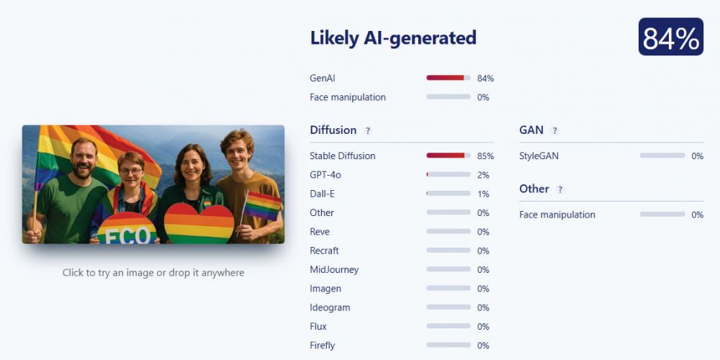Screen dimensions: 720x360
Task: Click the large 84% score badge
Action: pyautogui.click(x=670, y=37)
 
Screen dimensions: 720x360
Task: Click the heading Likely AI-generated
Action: pyautogui.click(x=393, y=37)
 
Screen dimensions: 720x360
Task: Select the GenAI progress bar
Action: pyautogui.click(x=448, y=78)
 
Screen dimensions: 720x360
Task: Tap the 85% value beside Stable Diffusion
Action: pyautogui.click(x=485, y=156)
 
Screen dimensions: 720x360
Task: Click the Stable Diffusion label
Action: pyautogui.click(x=343, y=156)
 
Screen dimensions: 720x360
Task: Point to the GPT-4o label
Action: pyautogui.click(x=325, y=175)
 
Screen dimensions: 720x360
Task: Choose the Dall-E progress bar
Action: pyautogui.click(x=448, y=193)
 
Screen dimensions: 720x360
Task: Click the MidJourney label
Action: pyautogui.click(x=334, y=269)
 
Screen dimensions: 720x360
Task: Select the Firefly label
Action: pyautogui.click(x=323, y=346)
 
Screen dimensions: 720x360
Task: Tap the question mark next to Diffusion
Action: pyautogui.click(x=367, y=131)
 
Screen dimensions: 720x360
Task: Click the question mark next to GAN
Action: pyautogui.click(x=554, y=131)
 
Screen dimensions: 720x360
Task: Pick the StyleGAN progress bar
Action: pyautogui.click(x=662, y=156)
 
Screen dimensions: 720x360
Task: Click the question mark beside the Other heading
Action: pyautogui.click(x=560, y=189)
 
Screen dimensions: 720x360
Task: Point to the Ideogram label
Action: pyautogui.click(x=330, y=307)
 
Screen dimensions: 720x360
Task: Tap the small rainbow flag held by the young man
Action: pyautogui.click(x=262, y=204)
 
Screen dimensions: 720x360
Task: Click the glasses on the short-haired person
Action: pyautogui.click(x=131, y=172)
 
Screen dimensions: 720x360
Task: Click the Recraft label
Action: pyautogui.click(x=324, y=251)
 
